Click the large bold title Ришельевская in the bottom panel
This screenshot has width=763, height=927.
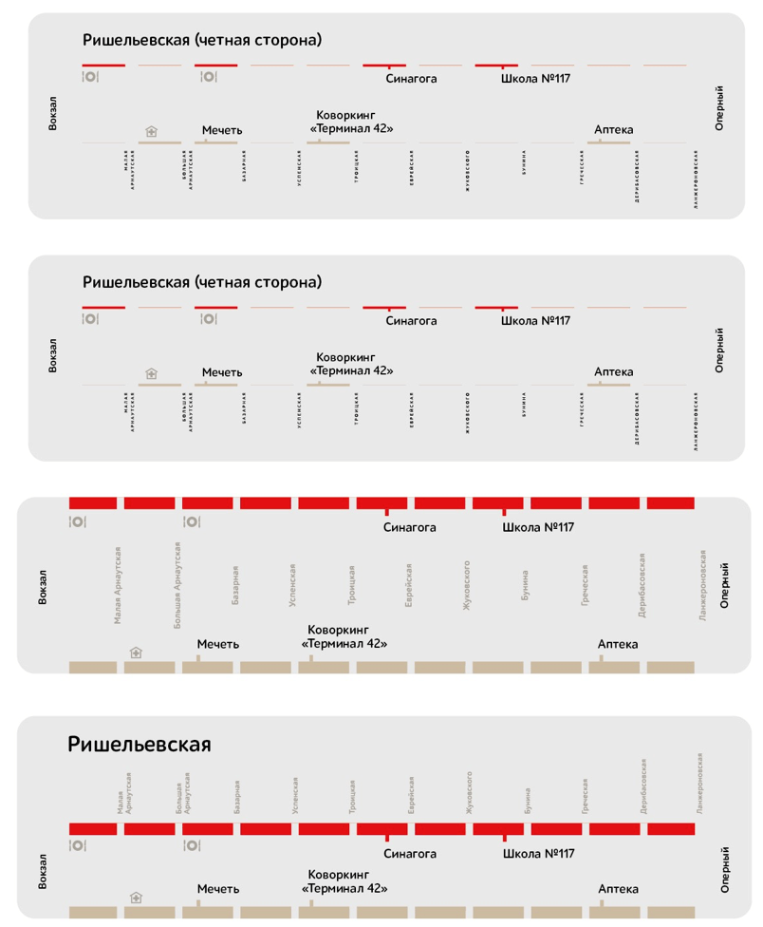(x=139, y=744)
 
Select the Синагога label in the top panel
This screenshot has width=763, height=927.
(x=411, y=79)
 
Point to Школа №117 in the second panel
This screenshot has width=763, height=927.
(x=535, y=321)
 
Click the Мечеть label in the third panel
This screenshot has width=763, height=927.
(x=217, y=644)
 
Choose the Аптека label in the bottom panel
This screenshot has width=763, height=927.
(x=618, y=889)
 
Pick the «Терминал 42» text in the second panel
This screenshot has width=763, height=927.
(x=351, y=371)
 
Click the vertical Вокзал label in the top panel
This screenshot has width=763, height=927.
(x=53, y=112)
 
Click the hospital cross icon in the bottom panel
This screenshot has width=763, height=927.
(x=137, y=897)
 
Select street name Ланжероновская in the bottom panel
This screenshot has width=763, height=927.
(x=699, y=784)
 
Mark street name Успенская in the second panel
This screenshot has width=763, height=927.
(x=300, y=410)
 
